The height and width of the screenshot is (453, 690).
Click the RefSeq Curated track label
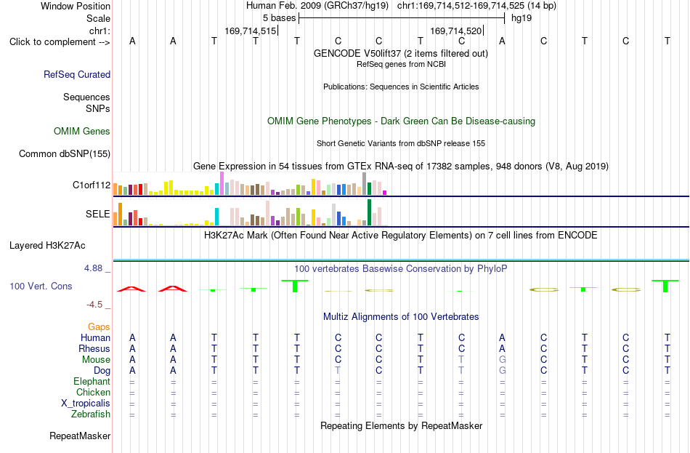[x=77, y=74]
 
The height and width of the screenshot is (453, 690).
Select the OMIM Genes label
[x=82, y=132]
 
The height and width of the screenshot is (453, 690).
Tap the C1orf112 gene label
[x=92, y=185]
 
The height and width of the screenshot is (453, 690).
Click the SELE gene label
[x=98, y=214]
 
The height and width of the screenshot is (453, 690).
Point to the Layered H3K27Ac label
[x=47, y=246]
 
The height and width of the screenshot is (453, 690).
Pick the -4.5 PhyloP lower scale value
[x=94, y=305]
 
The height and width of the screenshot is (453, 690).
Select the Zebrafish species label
[x=91, y=414]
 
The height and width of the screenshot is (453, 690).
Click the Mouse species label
[x=96, y=360]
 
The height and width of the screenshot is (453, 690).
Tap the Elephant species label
[x=92, y=381]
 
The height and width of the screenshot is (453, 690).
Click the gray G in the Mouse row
[x=502, y=360]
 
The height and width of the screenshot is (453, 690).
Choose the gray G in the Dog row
[x=502, y=371]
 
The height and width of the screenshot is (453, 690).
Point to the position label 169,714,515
[x=251, y=31]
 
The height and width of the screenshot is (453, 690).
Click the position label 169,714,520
[x=456, y=31]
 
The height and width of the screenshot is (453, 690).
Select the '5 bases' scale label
[x=280, y=18]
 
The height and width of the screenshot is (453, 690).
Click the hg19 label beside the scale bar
[x=521, y=18]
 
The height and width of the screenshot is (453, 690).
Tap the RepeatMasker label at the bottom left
[x=80, y=436]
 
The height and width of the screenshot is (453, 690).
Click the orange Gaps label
[x=99, y=326]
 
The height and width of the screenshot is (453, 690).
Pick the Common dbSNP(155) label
[x=65, y=154]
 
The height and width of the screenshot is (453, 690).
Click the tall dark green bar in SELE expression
[x=369, y=212]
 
